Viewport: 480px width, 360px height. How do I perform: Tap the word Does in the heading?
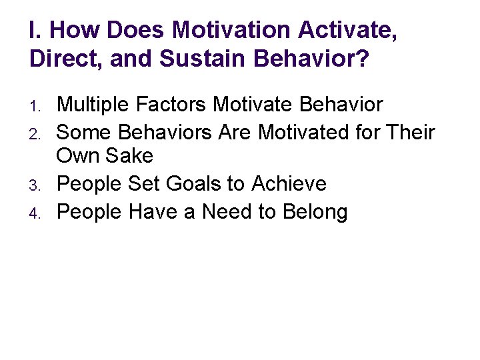click(135, 31)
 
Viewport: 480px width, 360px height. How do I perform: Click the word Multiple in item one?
click(95, 105)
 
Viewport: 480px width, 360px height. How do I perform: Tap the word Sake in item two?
click(130, 157)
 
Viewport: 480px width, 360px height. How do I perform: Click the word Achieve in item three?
click(289, 184)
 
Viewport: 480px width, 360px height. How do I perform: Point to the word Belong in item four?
click(314, 213)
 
